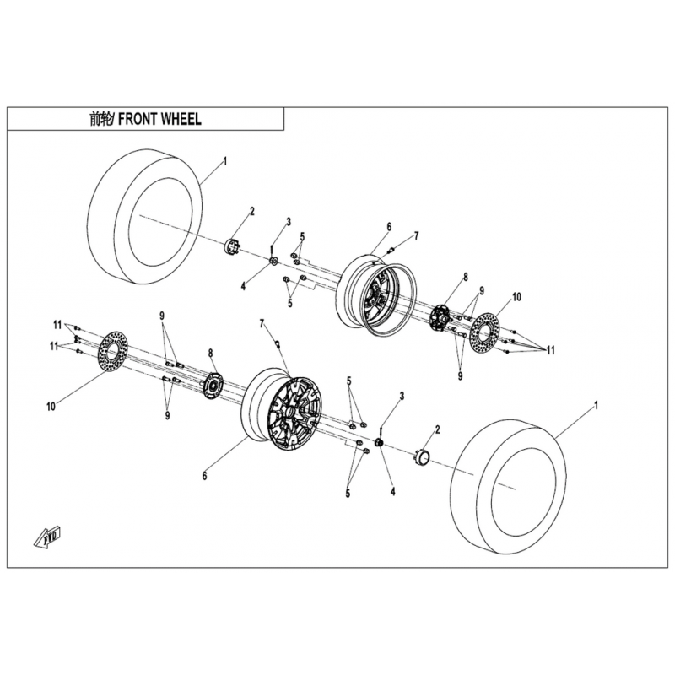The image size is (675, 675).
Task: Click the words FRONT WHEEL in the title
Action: (x=159, y=119)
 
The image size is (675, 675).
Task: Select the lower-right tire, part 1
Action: (x=507, y=488)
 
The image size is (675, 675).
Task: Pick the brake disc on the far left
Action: (x=114, y=353)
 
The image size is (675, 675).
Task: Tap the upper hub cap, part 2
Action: (x=233, y=247)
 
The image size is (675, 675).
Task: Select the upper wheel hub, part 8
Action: (x=440, y=317)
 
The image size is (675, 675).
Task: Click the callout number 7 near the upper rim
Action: (x=416, y=235)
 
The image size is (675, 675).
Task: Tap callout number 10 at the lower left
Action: (x=51, y=406)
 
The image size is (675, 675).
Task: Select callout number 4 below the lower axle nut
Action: (x=392, y=491)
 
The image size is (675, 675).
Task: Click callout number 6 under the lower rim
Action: (x=204, y=476)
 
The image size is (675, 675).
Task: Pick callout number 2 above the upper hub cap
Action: (x=252, y=211)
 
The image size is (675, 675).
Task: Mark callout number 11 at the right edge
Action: (x=551, y=350)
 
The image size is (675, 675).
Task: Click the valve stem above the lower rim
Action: (x=278, y=343)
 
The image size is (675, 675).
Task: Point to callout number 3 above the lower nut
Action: (x=402, y=396)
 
